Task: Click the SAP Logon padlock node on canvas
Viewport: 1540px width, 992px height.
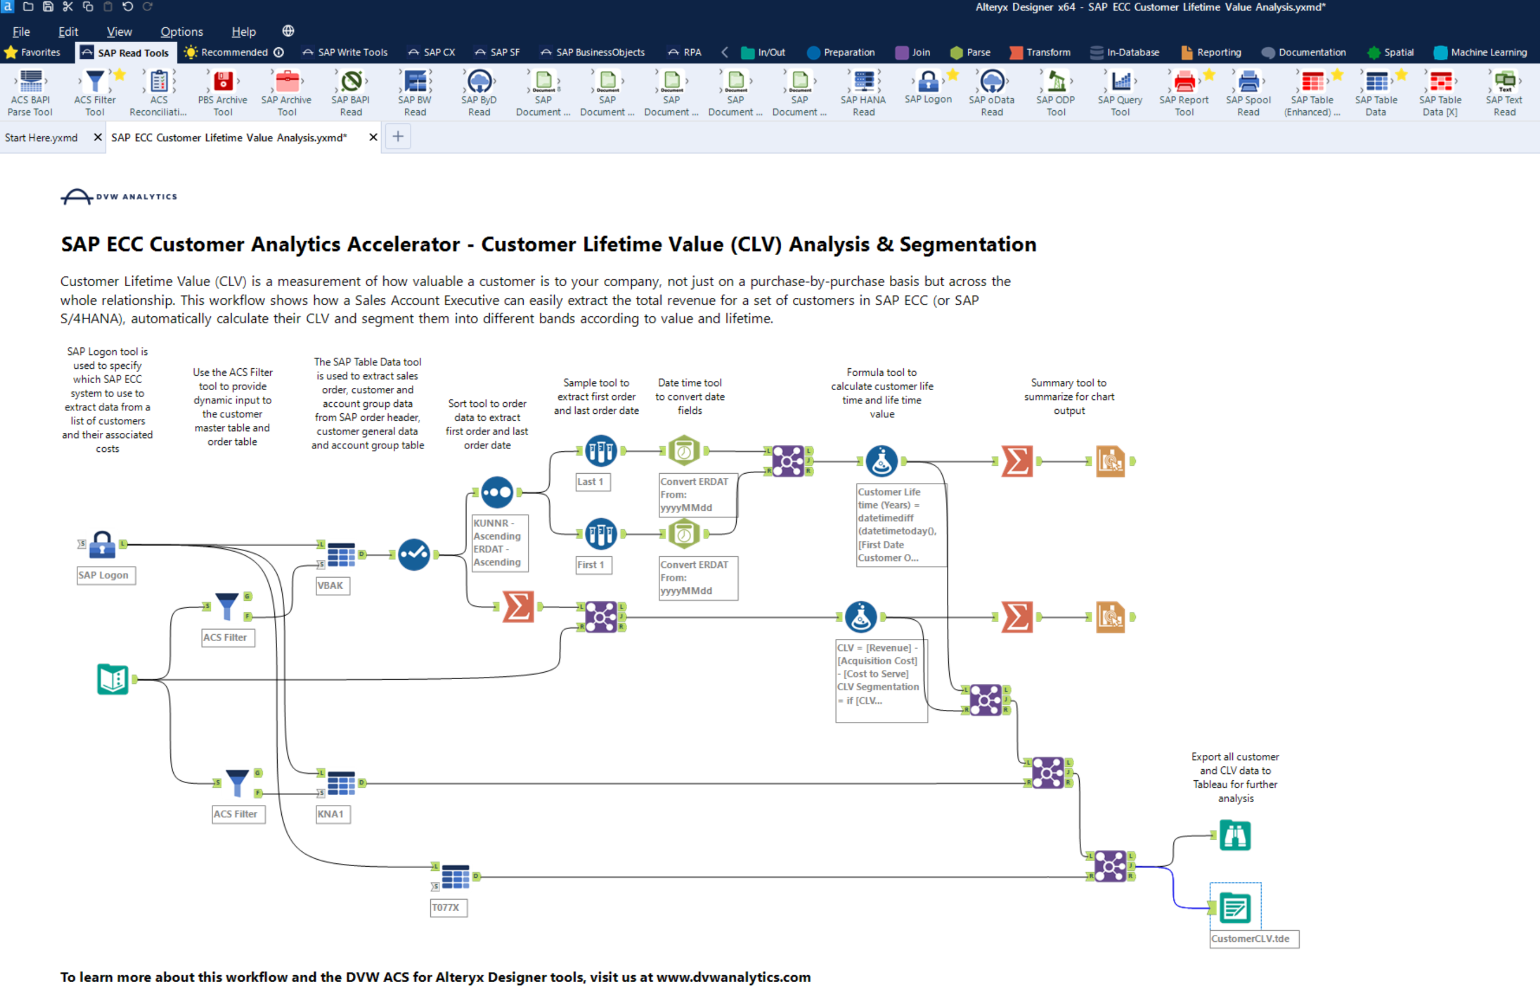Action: [102, 545]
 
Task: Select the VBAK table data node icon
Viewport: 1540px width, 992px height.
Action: [341, 554]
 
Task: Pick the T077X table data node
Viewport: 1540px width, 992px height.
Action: [455, 877]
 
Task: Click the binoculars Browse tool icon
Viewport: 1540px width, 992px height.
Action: [1234, 836]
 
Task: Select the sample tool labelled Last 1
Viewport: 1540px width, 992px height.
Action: [600, 451]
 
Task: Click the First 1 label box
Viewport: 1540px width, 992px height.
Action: [591, 565]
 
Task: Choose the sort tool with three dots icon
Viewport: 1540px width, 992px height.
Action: [497, 493]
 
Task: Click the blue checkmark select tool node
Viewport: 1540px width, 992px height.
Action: [413, 555]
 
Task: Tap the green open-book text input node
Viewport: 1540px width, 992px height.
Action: [113, 680]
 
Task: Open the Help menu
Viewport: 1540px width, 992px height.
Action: [244, 32]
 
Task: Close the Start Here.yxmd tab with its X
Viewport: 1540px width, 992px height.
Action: [98, 137]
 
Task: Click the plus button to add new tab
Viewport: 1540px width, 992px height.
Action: [398, 137]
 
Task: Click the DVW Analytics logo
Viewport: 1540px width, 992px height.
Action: [118, 196]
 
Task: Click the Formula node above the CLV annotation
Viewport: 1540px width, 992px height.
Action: [860, 617]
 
